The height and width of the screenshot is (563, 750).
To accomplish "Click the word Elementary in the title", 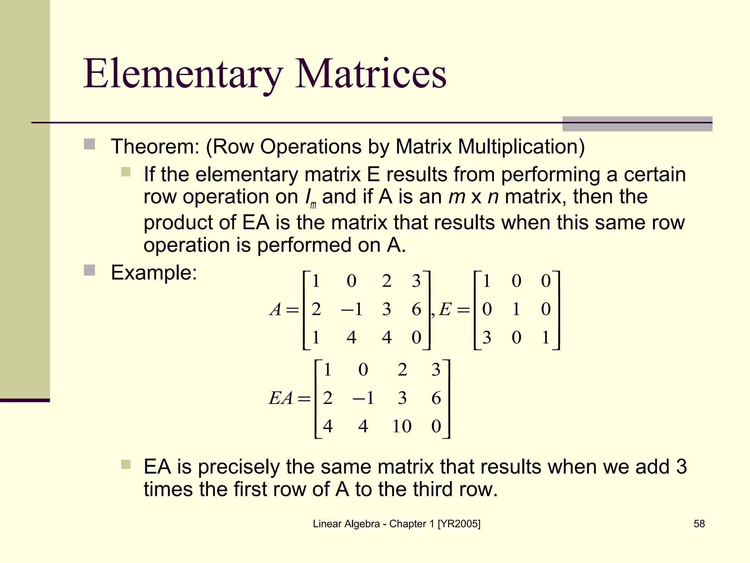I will (183, 74).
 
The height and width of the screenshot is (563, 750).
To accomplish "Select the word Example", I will (154, 273).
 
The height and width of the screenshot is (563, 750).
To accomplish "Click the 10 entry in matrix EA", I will (402, 426).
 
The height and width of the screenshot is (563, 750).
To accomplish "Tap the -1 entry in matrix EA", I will (363, 398).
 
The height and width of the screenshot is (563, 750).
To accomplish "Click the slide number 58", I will (699, 524).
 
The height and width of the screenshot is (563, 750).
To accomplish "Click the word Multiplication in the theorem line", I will (521, 147).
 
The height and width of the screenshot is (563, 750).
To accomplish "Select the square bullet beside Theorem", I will (89, 144).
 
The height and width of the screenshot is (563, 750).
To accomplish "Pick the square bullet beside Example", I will (89, 271).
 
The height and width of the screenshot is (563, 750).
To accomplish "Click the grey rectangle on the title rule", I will (637, 124).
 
